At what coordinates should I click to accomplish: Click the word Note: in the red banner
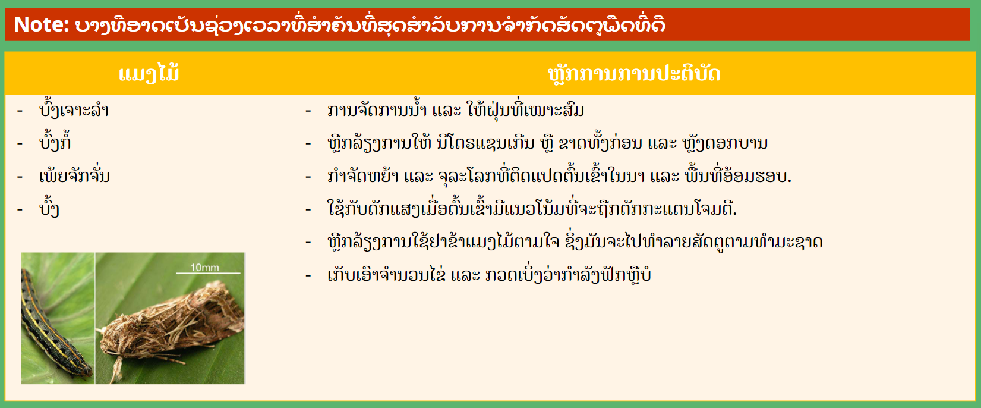[42, 24]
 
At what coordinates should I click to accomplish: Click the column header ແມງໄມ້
[149, 73]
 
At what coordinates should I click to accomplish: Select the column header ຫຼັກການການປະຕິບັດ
[634, 74]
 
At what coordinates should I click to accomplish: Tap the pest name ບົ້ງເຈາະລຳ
[74, 109]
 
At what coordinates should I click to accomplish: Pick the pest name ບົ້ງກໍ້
[55, 141]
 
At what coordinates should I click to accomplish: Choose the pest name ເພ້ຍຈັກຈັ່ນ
[74, 175]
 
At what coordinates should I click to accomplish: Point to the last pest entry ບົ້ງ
[49, 208]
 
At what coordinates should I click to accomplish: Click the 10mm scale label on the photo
[204, 267]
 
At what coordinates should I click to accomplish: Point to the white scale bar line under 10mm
[208, 274]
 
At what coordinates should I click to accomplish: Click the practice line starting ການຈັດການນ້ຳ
[456, 109]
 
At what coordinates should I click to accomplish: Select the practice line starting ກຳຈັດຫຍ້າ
[559, 175]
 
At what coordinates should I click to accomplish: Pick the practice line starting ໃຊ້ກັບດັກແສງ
[532, 208]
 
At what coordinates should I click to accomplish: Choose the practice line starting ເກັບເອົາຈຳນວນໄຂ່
[489, 275]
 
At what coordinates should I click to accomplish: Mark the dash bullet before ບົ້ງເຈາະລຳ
[20, 111]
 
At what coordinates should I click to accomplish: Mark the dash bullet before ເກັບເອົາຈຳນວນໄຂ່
[308, 275]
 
